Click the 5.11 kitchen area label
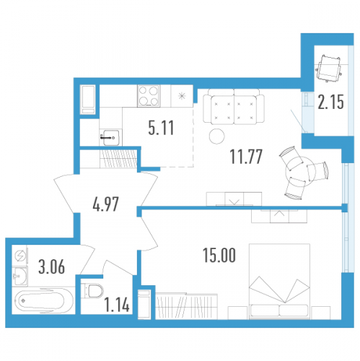161,128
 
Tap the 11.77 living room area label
246,157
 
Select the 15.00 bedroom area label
219,256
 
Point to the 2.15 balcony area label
331,102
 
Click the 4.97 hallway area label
105,204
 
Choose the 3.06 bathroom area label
51,267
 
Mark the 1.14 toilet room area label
117,305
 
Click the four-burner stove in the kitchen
149,96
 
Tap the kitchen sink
110,137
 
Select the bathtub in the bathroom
43,300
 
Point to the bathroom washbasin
19,276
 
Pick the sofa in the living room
234,107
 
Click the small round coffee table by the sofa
217,136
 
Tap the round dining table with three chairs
300,172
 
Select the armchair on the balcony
329,68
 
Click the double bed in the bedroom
279,282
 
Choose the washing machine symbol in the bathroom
19,256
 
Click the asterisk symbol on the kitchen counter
182,96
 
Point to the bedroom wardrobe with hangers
186,306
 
